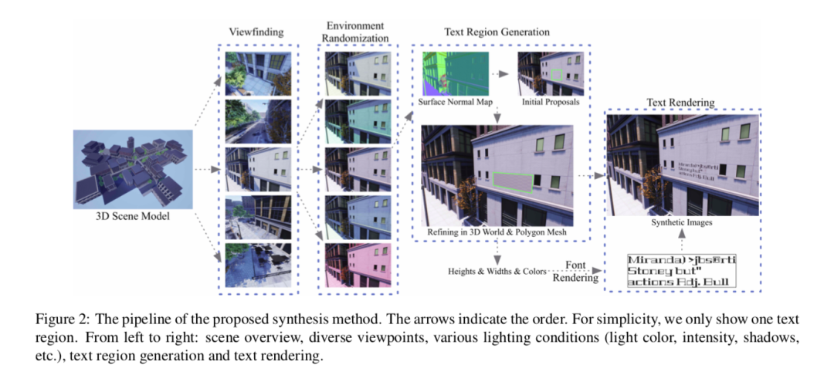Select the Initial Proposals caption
click(x=551, y=102)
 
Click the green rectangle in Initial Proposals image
click(x=557, y=75)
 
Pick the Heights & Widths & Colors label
click(x=497, y=271)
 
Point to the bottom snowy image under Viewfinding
click(x=258, y=264)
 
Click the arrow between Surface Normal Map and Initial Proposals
click(x=501, y=73)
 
